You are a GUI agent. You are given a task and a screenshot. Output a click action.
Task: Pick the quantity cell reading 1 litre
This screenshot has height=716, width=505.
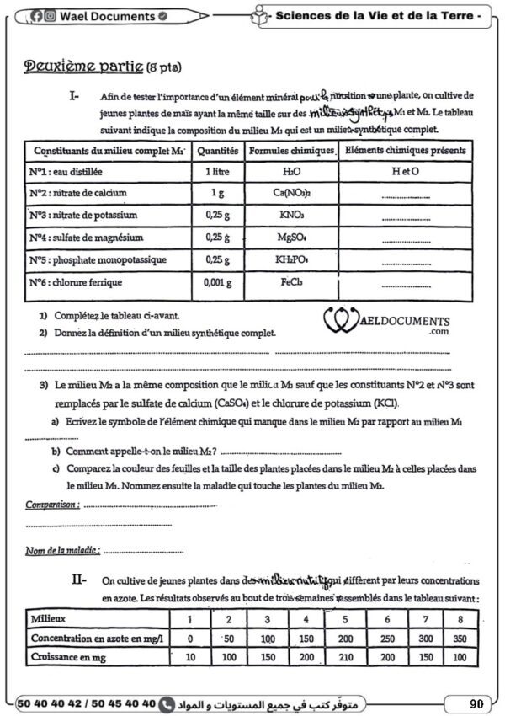[217, 171]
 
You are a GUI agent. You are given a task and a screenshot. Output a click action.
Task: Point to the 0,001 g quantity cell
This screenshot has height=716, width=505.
[217, 283]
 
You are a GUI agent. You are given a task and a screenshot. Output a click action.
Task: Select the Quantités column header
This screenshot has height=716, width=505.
[217, 151]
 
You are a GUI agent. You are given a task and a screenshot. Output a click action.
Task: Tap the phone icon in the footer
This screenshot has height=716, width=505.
[167, 702]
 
